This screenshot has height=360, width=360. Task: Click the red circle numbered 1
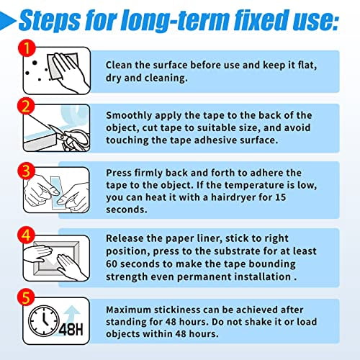tap(27, 48)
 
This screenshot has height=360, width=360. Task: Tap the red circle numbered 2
tap(26, 107)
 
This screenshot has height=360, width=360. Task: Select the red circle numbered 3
tap(26, 171)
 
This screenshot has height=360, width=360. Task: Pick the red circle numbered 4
tap(26, 235)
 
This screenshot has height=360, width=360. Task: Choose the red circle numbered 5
tap(26, 297)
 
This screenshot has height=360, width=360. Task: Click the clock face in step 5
tap(43, 320)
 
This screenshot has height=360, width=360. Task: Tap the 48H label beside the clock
tap(71, 329)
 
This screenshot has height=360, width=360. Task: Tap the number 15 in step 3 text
tap(280, 197)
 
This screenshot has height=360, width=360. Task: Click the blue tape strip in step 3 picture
tap(57, 192)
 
